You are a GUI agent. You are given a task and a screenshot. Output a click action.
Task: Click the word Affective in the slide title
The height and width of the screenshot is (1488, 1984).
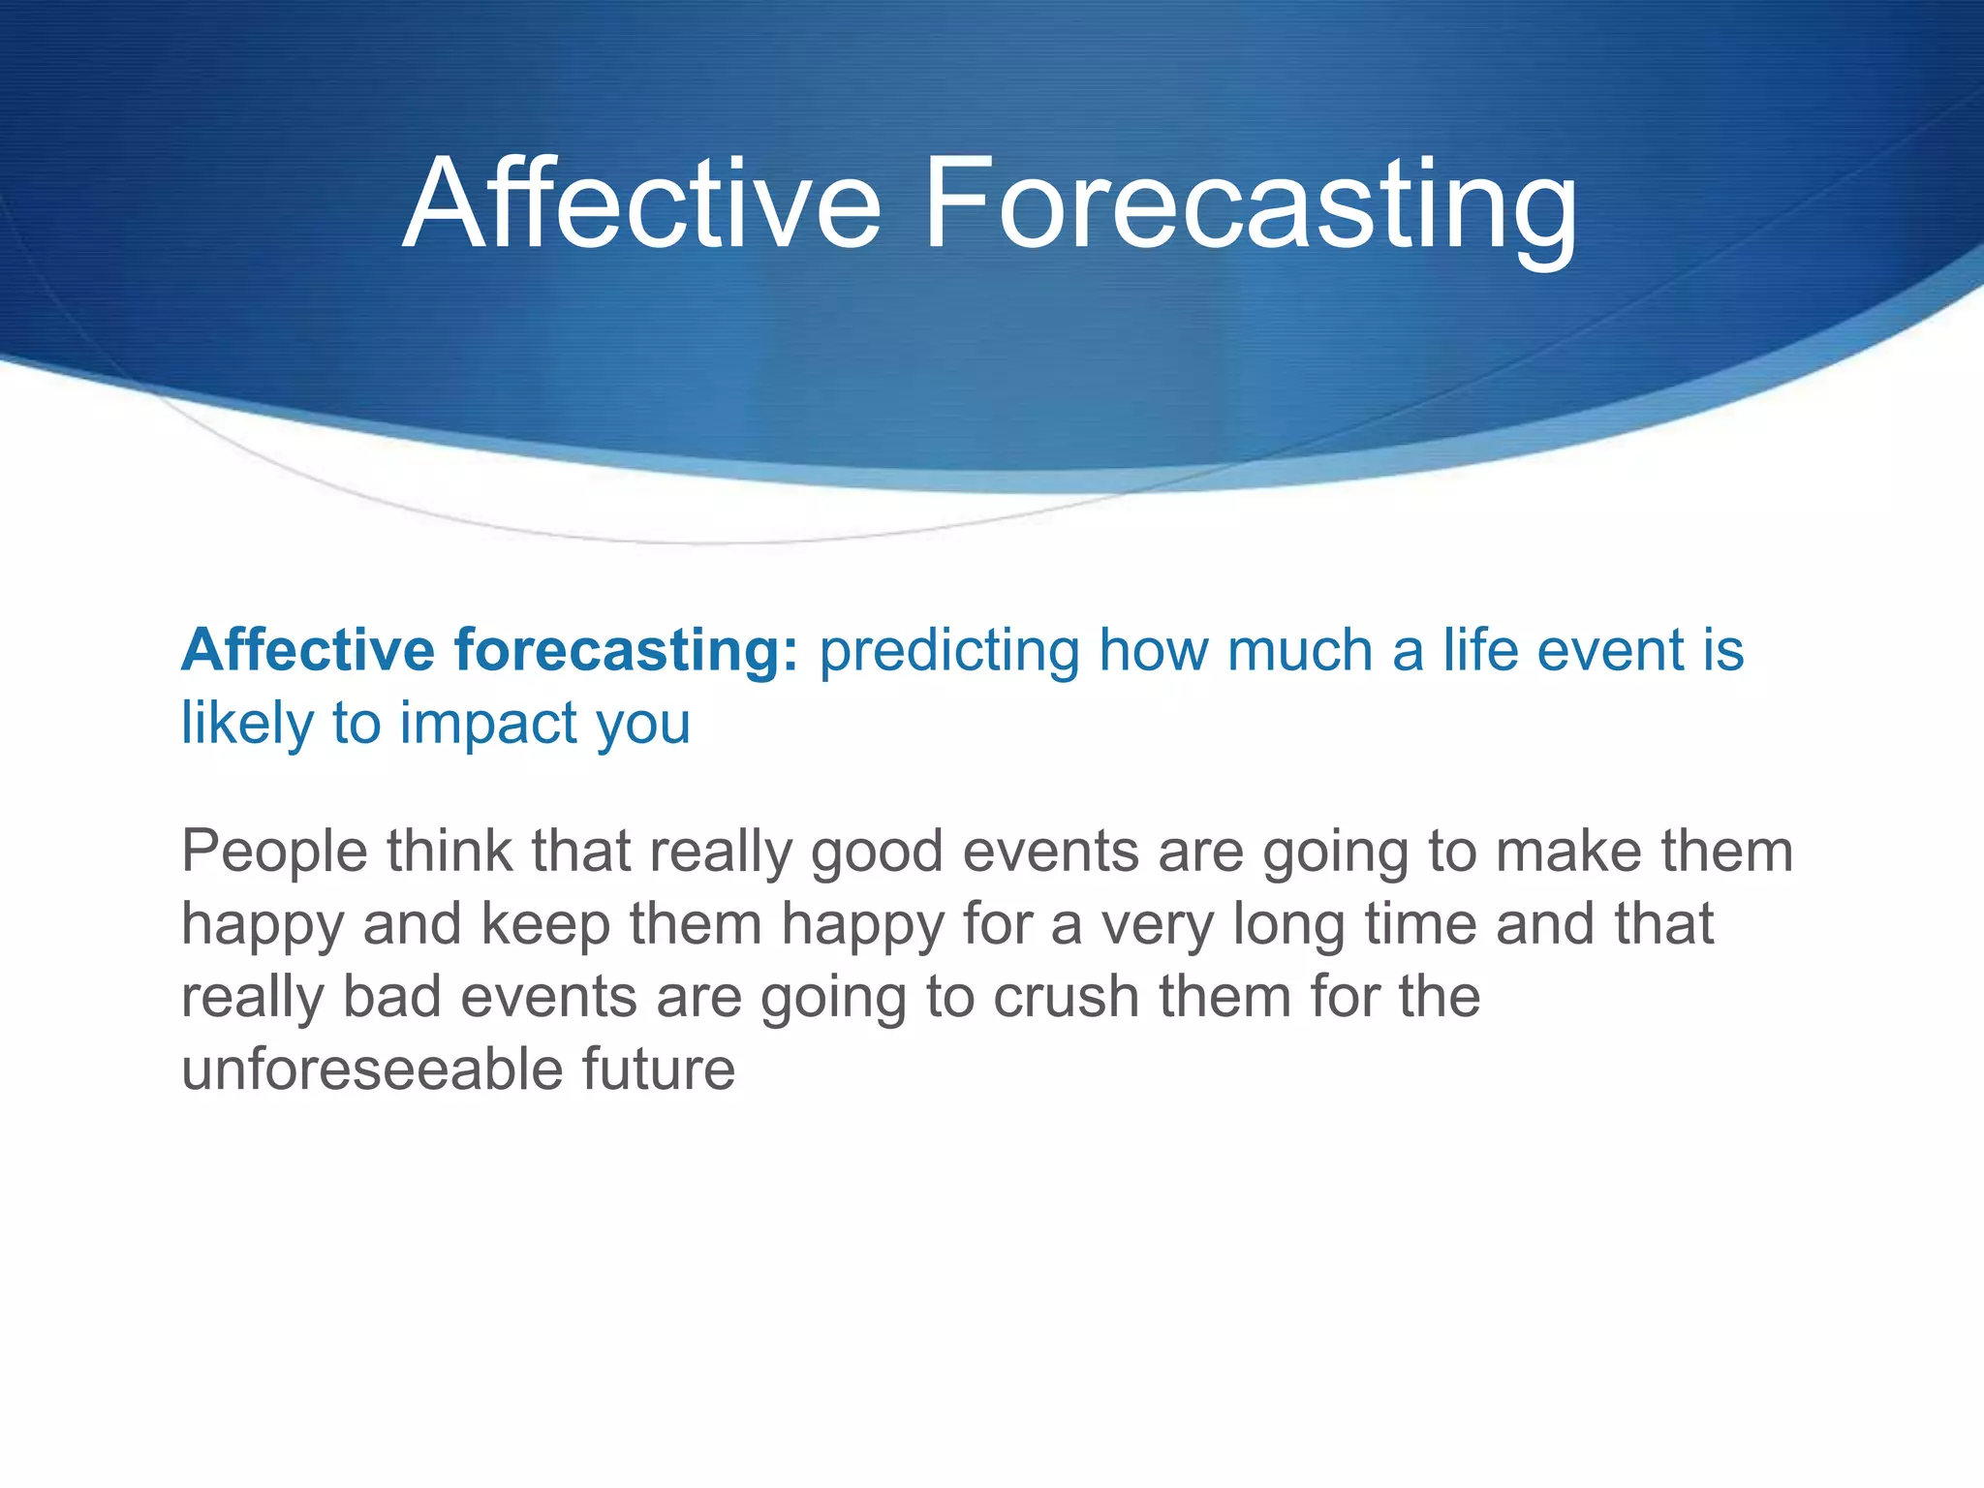tap(640, 205)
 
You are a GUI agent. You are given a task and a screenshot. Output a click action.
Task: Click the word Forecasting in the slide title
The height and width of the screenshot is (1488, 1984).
tap(1251, 205)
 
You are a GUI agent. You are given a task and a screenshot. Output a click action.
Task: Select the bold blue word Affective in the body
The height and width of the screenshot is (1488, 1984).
tap(308, 650)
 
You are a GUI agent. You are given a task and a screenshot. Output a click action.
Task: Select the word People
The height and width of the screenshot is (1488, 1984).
tap(275, 852)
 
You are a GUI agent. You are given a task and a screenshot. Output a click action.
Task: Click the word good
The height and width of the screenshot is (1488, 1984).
tap(877, 852)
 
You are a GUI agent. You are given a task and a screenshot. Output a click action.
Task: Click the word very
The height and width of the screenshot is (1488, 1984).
tap(1157, 924)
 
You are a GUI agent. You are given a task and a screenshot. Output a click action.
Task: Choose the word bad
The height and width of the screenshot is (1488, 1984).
tap(392, 997)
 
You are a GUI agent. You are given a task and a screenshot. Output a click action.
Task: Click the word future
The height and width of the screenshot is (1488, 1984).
tap(658, 1069)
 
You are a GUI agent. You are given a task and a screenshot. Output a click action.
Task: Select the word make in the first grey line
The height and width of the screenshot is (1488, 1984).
tap(1568, 852)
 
